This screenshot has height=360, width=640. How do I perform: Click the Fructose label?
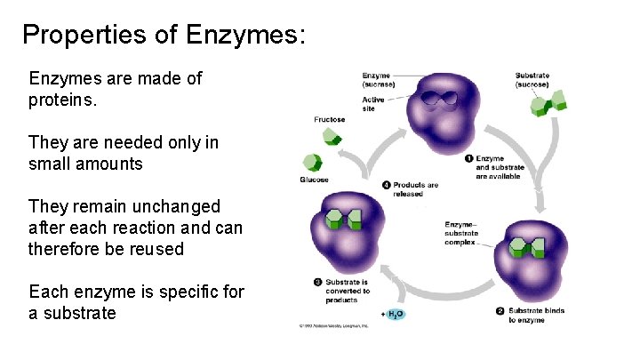(330, 119)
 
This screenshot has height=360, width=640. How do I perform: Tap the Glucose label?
(315, 180)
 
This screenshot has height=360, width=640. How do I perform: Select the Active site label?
(372, 104)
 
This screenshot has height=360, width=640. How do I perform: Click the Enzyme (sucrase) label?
(378, 80)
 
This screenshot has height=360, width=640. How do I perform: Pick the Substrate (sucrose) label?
(532, 80)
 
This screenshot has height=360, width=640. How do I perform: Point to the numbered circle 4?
(387, 185)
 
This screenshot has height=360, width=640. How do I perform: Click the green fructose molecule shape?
(331, 137)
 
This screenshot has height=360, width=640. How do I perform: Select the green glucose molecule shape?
(311, 164)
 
